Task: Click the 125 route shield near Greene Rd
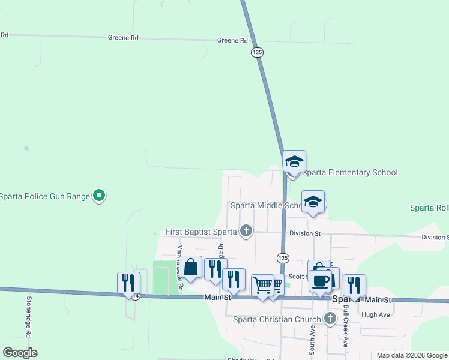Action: [x=257, y=53]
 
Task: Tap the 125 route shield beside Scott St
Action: [x=283, y=257]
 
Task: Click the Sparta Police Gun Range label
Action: [x=44, y=196]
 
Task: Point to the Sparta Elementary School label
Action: [x=349, y=173]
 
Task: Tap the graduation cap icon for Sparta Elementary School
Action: [x=294, y=161]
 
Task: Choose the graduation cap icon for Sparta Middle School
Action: [x=313, y=202]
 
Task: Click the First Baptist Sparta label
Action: [x=202, y=232]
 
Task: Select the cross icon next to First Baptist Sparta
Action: [x=246, y=230]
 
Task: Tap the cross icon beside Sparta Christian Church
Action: [x=329, y=319]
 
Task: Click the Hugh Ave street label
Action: [x=376, y=314]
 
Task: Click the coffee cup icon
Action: [x=320, y=280]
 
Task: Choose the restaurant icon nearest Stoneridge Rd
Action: [x=128, y=283]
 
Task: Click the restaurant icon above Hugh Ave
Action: [x=354, y=284]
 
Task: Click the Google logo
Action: [x=20, y=353]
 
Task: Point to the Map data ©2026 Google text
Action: [x=411, y=355]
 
